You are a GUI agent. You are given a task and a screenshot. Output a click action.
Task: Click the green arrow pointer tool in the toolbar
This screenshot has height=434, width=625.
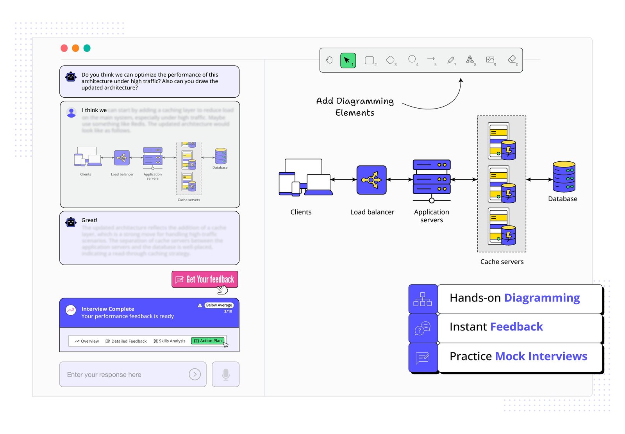coord(348,61)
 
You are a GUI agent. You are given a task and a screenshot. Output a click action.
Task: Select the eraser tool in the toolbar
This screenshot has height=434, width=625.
coord(512,59)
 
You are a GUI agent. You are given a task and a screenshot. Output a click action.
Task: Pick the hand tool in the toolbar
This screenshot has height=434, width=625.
coord(329,60)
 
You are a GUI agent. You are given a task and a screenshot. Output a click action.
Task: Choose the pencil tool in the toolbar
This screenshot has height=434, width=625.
coord(451,60)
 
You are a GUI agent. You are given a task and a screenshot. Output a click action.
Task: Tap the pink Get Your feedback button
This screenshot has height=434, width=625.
coord(205,279)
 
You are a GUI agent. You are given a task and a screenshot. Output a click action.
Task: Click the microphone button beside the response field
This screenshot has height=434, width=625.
coord(226,374)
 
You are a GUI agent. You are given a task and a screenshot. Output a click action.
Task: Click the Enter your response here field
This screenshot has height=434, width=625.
coord(125,374)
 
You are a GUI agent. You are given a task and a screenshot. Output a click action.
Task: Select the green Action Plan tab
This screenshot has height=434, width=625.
coord(208,341)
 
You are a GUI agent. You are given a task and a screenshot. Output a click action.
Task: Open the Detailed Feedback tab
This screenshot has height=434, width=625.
coord(126,341)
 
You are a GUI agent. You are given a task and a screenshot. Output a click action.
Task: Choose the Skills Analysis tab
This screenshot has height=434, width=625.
coord(170,341)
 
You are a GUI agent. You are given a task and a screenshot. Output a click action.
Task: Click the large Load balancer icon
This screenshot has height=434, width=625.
coord(371,180)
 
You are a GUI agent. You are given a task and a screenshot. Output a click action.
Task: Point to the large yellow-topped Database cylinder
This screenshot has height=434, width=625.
coord(564,177)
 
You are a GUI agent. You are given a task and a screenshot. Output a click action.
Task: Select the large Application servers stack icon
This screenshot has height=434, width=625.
coord(432,178)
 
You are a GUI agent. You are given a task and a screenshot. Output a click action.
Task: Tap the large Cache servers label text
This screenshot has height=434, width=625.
coord(502,262)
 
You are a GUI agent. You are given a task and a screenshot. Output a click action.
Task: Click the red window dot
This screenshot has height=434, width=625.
coord(64,48)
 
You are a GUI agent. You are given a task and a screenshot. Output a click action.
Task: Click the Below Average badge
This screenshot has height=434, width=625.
coord(219,305)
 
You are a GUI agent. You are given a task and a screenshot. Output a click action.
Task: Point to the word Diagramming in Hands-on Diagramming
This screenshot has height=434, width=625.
coord(542,298)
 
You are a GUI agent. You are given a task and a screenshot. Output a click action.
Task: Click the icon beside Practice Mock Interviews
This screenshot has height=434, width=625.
coord(423,357)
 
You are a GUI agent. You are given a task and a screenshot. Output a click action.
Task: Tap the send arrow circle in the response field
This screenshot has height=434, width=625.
coord(195,374)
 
